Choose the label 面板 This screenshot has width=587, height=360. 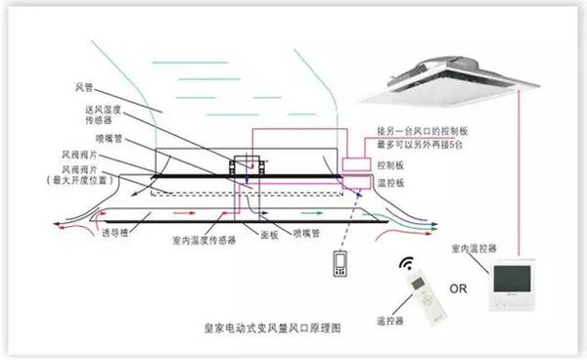(x=254, y=236)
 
